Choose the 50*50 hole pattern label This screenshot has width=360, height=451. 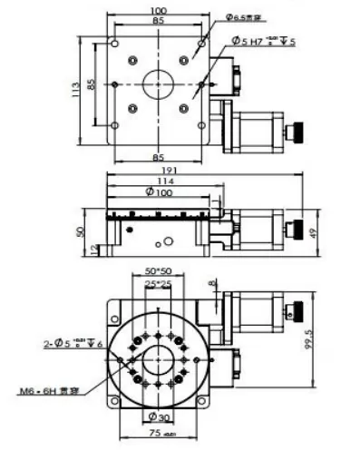(159, 271)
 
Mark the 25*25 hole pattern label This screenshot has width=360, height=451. (160, 285)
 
